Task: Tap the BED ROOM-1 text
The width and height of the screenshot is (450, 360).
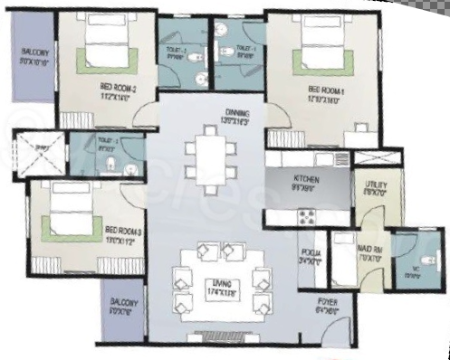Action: pos(323,90)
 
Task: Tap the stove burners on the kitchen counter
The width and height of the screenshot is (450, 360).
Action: pos(306,216)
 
